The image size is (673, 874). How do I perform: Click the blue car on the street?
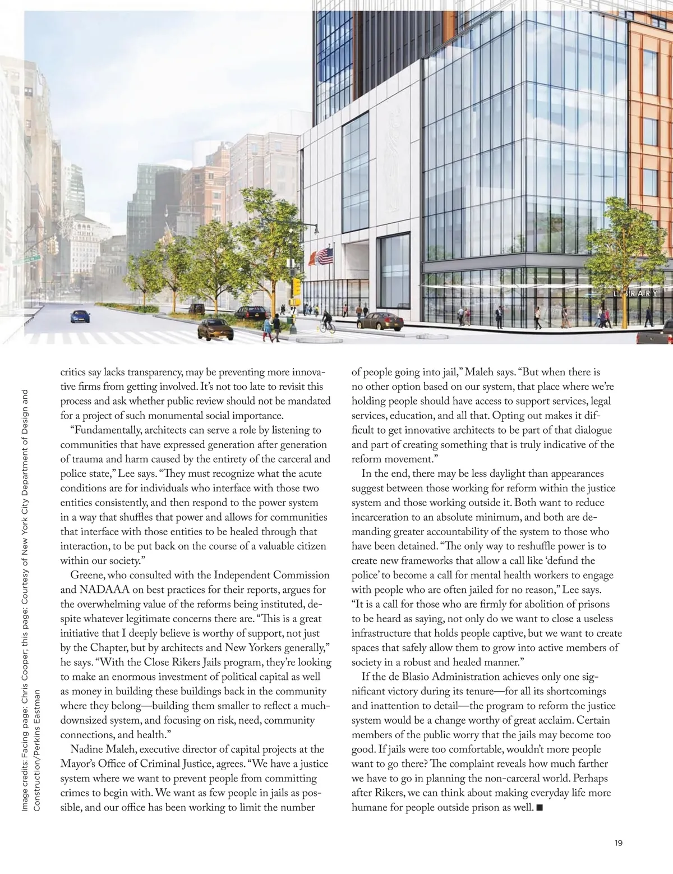(x=80, y=316)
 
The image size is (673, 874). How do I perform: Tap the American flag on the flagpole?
(x=326, y=257)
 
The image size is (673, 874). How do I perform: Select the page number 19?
(x=618, y=843)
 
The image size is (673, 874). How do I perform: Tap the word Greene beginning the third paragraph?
(x=88, y=575)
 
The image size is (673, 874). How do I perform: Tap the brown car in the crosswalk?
(x=215, y=330)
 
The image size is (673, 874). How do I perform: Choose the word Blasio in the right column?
(x=418, y=691)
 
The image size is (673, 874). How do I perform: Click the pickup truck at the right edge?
(x=656, y=338)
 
